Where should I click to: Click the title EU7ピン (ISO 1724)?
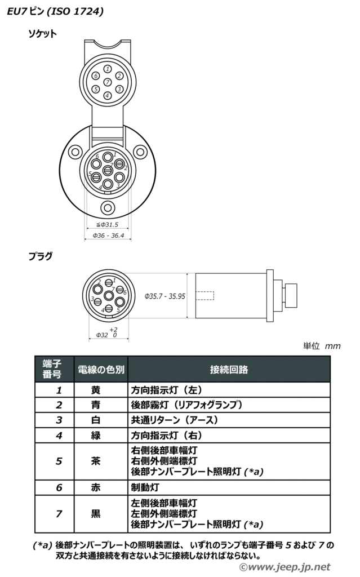pos(55,11)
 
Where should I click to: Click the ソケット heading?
pos(43,34)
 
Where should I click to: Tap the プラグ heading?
pos(41,256)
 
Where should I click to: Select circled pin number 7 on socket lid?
pos(108,82)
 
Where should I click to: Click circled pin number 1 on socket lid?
pos(108,69)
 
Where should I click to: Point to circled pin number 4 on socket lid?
pos(108,95)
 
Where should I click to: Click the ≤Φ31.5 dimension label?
pos(108,224)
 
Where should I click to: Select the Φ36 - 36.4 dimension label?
pos(108,236)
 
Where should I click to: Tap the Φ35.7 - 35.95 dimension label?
pos(165,296)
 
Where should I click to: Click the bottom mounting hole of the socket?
pos(108,207)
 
